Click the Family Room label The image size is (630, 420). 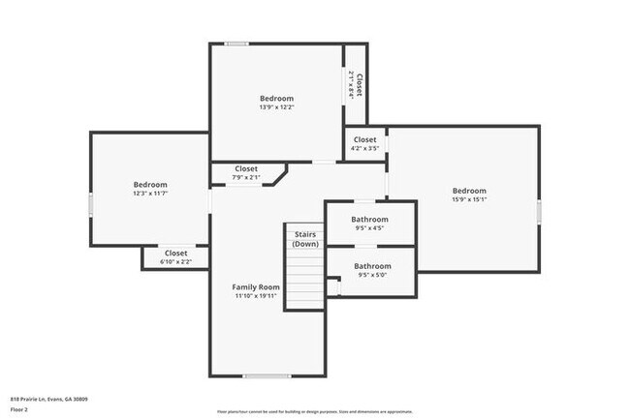(x=256, y=286)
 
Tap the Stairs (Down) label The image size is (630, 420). (x=305, y=238)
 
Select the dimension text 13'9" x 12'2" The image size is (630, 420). (x=276, y=107)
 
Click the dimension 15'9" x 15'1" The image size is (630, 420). (x=468, y=200)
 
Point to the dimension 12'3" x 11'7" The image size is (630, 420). (x=150, y=194)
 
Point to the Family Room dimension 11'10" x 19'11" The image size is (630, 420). (x=256, y=296)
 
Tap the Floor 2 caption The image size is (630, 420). (x=20, y=409)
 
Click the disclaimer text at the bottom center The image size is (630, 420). (x=315, y=411)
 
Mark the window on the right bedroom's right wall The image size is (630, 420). (x=539, y=213)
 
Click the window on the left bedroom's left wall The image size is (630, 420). (x=91, y=205)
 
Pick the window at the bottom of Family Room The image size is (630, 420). (x=267, y=376)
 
